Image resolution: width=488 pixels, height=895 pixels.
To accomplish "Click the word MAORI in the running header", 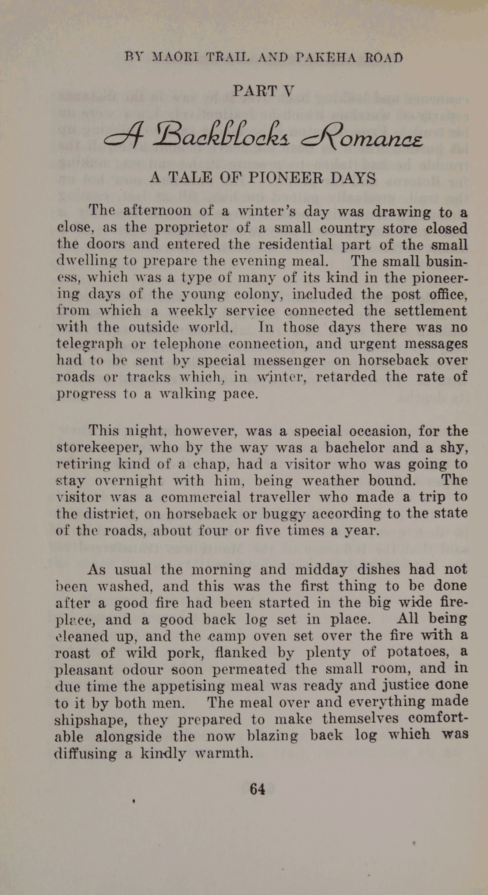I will (x=174, y=57).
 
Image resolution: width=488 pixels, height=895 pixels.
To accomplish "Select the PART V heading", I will (x=263, y=91).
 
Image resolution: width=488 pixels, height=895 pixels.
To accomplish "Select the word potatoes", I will (x=418, y=652).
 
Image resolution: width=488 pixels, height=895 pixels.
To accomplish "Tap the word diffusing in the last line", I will (x=85, y=754).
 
